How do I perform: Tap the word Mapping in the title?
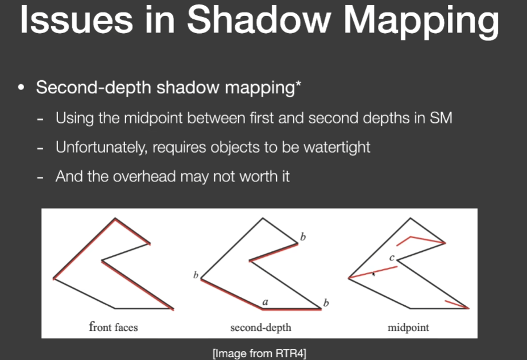pos(421,23)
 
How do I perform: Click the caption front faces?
pos(113,326)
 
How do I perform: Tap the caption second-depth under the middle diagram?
pos(261,328)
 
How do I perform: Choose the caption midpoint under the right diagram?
pos(408,328)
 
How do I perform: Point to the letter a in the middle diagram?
pos(265,302)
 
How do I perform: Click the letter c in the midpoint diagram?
pos(392,258)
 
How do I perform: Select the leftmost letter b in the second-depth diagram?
pos(196,275)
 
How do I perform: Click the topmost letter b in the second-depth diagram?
pos(303,237)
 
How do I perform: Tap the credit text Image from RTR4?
pos(259,353)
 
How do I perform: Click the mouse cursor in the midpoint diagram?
pos(374,274)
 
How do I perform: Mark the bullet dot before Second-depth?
pos(21,88)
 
